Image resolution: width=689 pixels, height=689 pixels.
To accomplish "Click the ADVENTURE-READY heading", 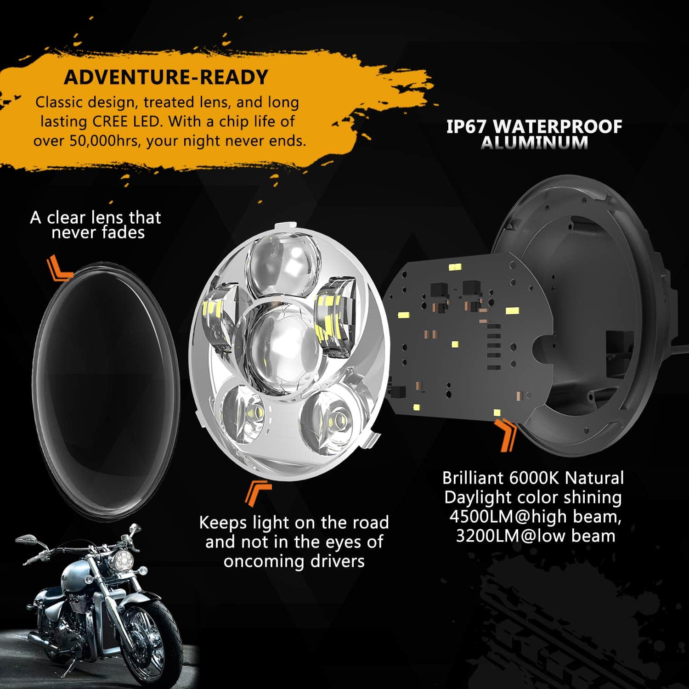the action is coord(166,77).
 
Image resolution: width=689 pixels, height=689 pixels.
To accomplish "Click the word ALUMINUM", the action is coord(534,142).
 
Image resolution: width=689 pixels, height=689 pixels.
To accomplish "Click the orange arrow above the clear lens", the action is coord(59,268).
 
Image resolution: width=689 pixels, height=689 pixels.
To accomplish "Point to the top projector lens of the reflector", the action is coord(282,265).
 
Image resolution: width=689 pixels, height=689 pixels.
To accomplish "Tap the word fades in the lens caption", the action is coord(123,232).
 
